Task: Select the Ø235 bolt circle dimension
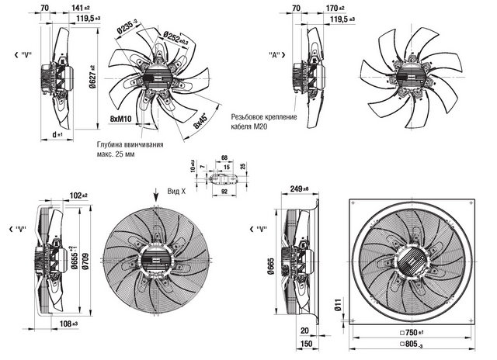(x=128, y=29)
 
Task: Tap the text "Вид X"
(x=180, y=190)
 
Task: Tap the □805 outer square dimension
(x=417, y=351)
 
